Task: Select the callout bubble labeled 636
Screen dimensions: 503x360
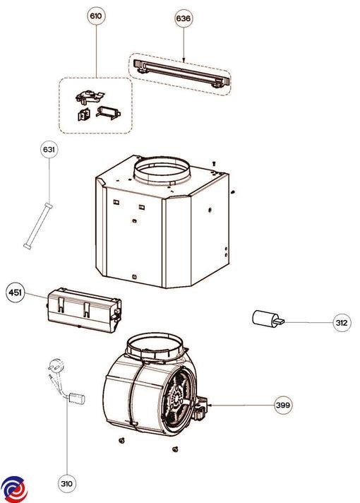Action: (x=183, y=18)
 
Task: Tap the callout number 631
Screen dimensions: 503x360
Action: (x=49, y=150)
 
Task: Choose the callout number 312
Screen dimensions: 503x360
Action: (x=342, y=323)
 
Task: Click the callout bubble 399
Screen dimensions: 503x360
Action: (x=283, y=405)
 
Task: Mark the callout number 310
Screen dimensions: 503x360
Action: (x=66, y=483)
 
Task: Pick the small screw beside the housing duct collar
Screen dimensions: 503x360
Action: (x=212, y=164)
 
